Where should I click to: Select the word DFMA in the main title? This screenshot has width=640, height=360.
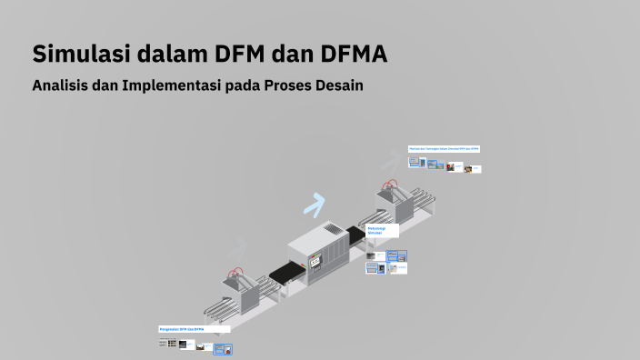[x=354, y=54]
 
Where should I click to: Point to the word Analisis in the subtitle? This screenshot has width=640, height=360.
[x=61, y=86]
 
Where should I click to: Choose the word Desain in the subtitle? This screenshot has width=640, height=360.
[x=339, y=86]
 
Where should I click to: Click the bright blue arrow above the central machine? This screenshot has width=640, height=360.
[x=315, y=205]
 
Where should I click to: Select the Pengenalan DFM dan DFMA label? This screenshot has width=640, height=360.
[x=193, y=329]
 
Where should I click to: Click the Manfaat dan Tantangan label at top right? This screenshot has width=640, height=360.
[x=444, y=148]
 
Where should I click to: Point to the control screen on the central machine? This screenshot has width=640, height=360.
[x=315, y=260]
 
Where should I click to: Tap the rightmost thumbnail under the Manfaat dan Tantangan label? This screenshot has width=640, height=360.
[x=475, y=168]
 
